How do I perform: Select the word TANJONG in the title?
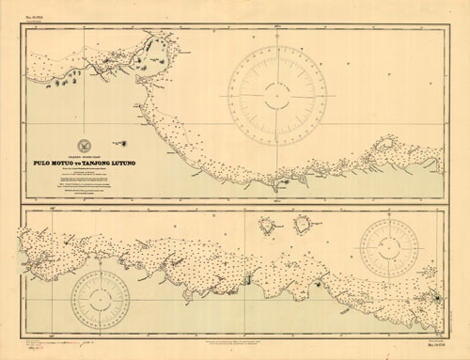104,162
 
